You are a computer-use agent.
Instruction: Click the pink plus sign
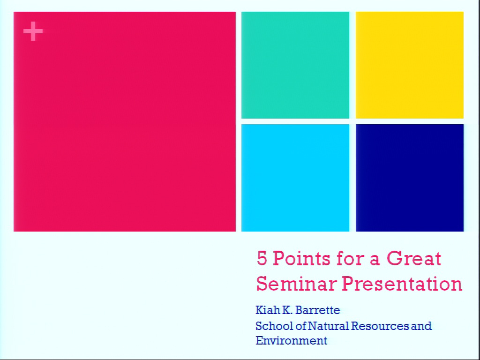33,31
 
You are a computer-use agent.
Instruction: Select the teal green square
295,65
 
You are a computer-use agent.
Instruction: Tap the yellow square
410,65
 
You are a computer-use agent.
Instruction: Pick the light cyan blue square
295,178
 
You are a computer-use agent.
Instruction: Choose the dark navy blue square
410,178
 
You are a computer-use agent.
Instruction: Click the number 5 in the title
262,258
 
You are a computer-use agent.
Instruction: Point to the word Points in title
301,258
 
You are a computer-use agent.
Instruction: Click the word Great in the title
413,258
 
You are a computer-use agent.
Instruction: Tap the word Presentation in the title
402,284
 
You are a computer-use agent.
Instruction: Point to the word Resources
380,326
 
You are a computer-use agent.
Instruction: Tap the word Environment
292,340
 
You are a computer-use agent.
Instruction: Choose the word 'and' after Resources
421,326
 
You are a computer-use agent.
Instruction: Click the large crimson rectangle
125,121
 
